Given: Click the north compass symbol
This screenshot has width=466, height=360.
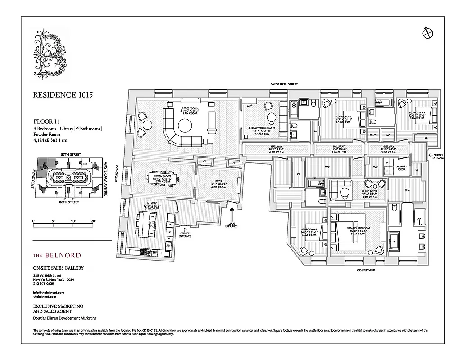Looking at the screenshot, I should pos(427,31).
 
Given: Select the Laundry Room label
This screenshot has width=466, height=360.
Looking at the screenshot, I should pos(401,168).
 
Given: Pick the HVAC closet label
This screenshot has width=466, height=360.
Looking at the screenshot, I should pos(373,134).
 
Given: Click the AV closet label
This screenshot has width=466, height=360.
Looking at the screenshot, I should pos(387,134).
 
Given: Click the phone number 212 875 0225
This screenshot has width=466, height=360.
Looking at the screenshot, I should pos(44,283).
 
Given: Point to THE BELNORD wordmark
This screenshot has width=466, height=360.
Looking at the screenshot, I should pos(57,255).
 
